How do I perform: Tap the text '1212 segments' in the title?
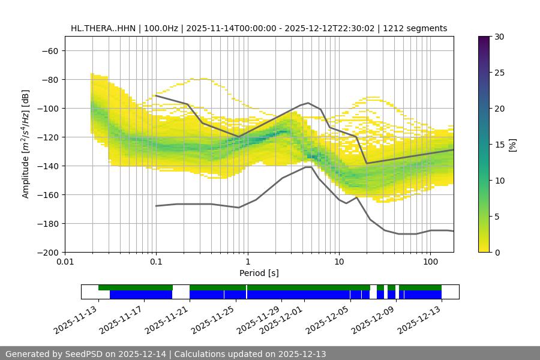(x=415, y=29)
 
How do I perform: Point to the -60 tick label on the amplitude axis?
(x=49, y=50)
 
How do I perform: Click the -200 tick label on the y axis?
(x=46, y=252)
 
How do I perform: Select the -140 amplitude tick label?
(x=46, y=166)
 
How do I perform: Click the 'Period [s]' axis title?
(x=259, y=273)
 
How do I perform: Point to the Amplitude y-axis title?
(x=26, y=144)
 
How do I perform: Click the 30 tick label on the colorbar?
(x=499, y=37)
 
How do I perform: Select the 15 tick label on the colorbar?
(x=499, y=145)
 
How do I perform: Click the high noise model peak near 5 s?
(x=308, y=103)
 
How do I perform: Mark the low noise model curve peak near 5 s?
(x=308, y=167)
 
